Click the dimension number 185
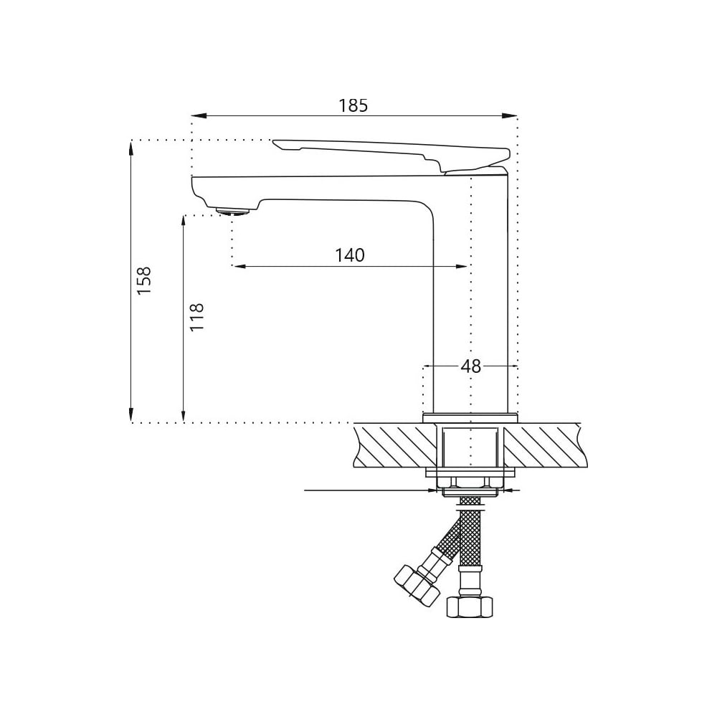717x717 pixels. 353,105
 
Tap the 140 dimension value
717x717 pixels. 350,255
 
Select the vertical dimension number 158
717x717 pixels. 143,280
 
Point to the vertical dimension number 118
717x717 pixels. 196,317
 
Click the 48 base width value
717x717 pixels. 471,366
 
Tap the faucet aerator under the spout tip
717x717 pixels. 233,212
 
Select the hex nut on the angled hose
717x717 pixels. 417,586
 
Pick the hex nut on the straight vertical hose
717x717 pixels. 470,607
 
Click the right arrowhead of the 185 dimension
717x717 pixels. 510,116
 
